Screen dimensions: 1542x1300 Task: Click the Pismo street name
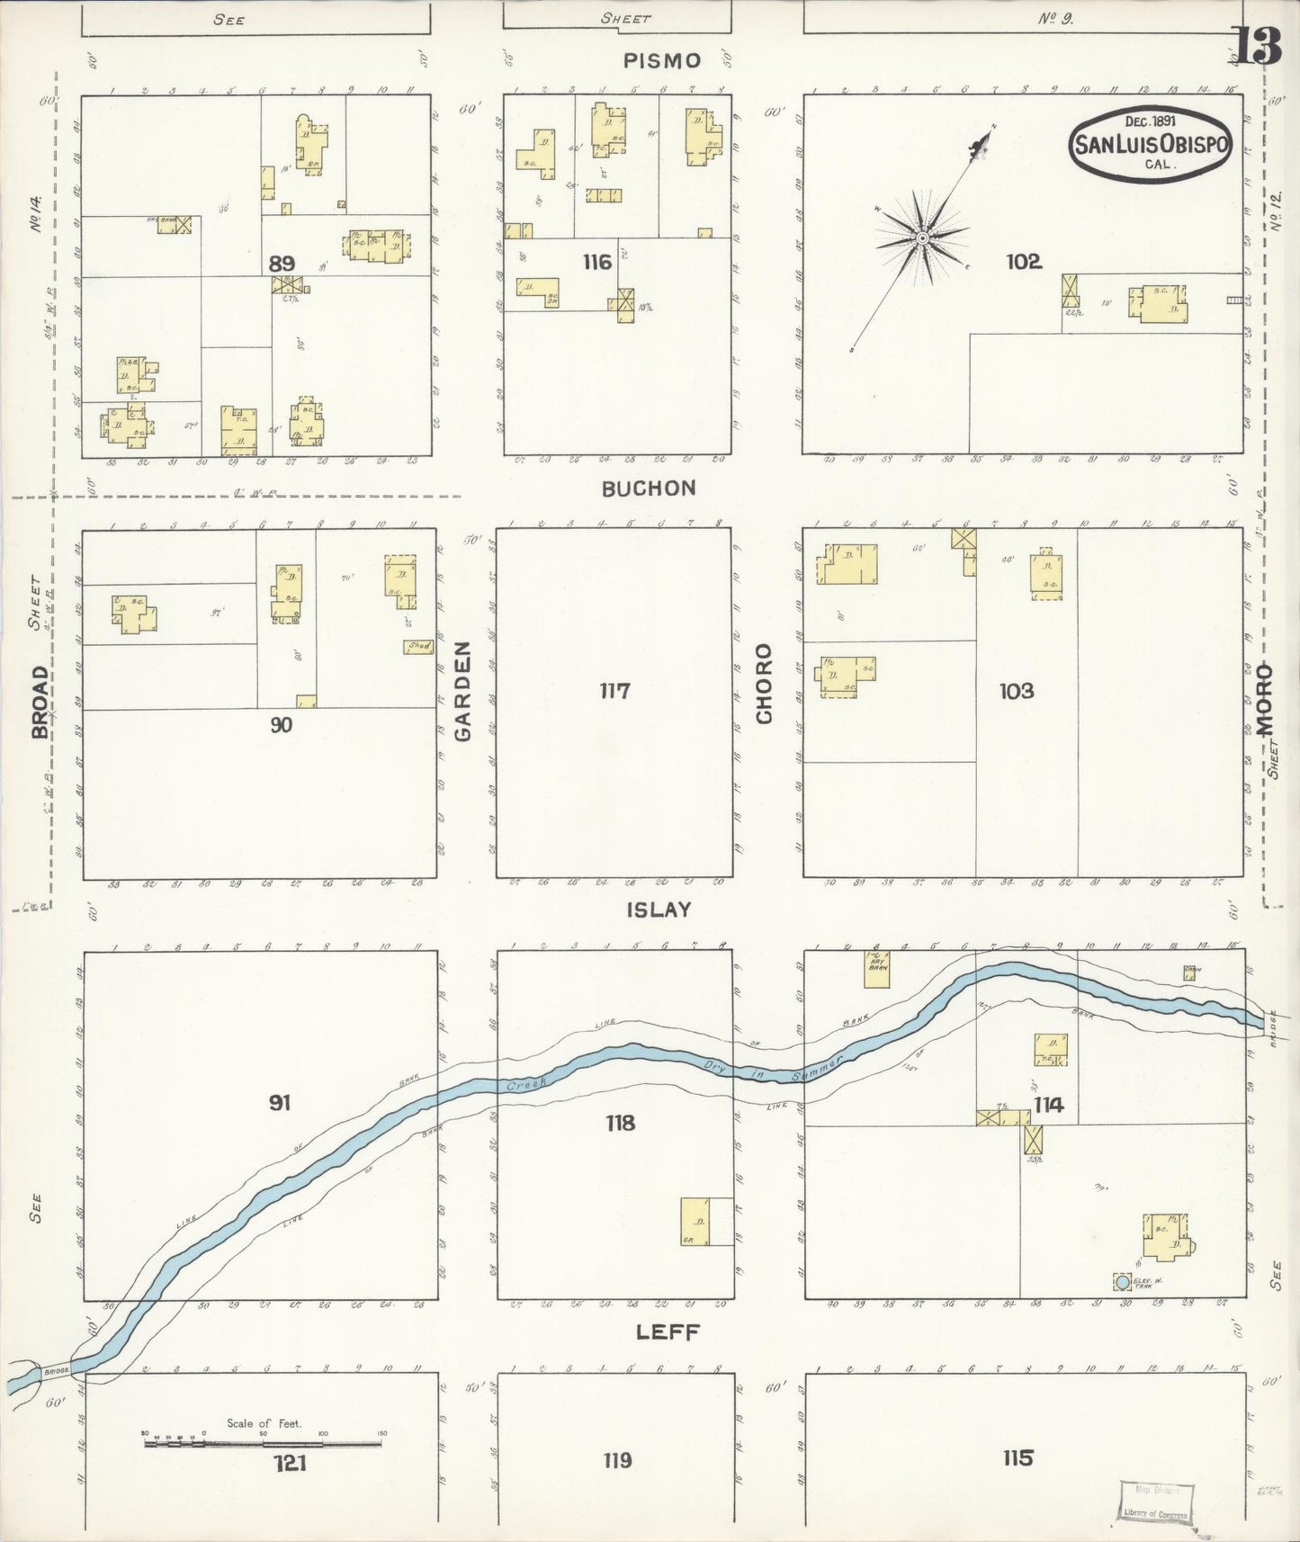(x=662, y=61)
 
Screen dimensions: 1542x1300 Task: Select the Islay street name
(x=659, y=910)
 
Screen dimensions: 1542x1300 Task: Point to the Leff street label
(x=668, y=1332)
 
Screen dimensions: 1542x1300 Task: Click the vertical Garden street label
(x=463, y=691)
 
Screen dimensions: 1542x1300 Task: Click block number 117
(x=615, y=691)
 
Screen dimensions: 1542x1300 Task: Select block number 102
(x=1024, y=262)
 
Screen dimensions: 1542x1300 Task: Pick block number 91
(x=280, y=1102)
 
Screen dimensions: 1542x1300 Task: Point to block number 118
(x=620, y=1123)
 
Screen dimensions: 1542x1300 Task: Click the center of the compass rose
(x=922, y=238)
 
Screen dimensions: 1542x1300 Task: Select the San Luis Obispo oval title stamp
(x=1151, y=145)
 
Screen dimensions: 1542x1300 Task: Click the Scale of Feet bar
(x=263, y=1444)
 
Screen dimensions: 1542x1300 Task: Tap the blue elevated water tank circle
(x=1122, y=1280)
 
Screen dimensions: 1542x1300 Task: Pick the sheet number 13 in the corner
(x=1258, y=47)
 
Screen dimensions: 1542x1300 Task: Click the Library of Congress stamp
(x=1156, y=1502)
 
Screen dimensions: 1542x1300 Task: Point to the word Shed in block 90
(x=418, y=646)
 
